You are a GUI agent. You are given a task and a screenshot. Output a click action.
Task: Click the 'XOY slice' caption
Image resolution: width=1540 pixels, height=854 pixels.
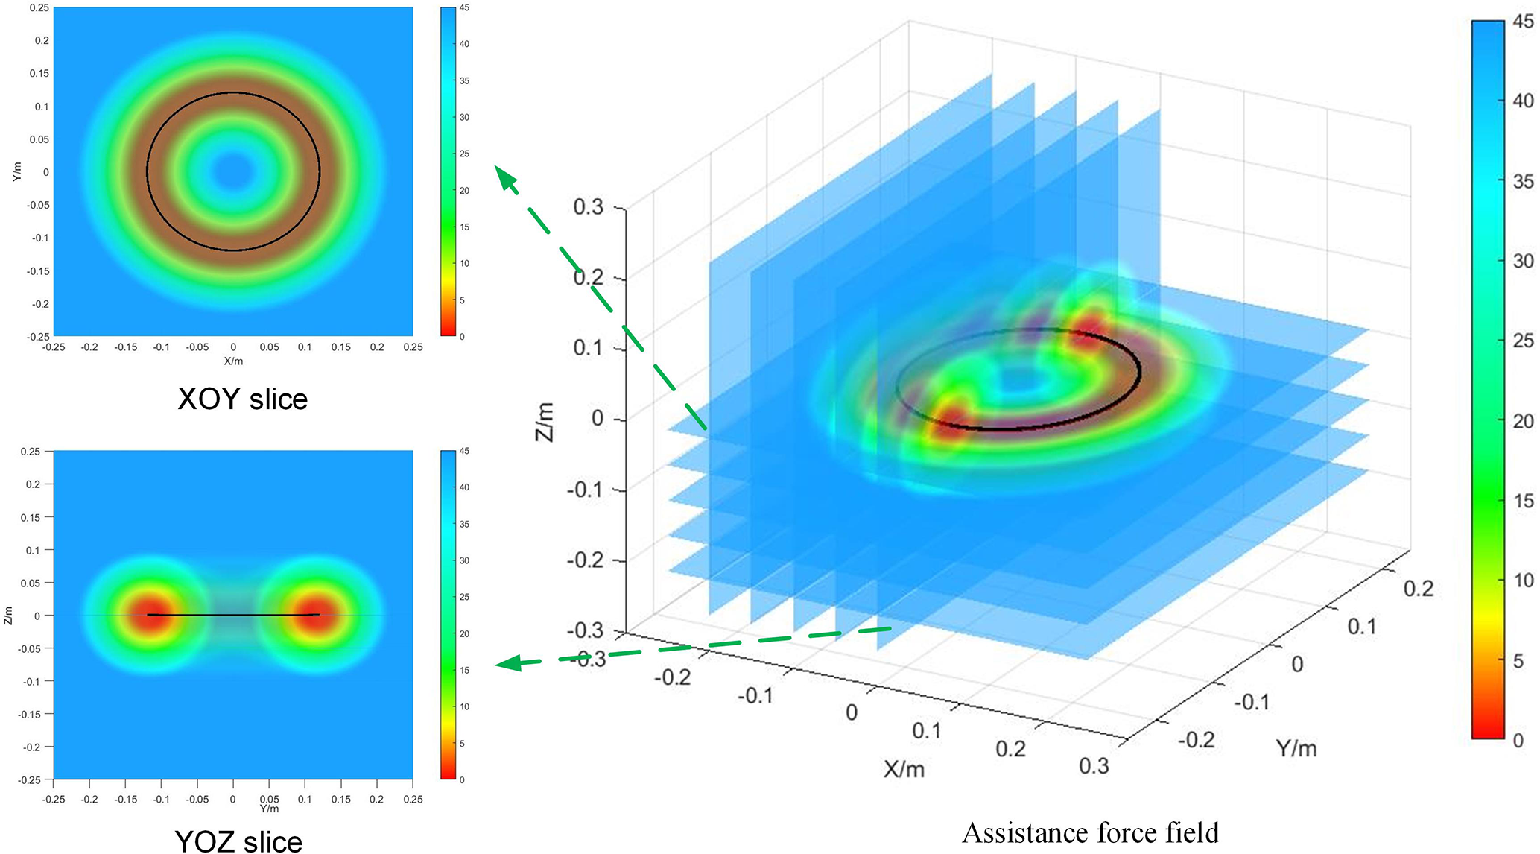pos(242,399)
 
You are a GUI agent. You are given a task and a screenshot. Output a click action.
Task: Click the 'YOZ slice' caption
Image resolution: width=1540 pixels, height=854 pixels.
pos(238,841)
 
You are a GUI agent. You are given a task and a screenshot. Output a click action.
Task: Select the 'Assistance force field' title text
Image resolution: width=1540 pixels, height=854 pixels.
pos(1090,832)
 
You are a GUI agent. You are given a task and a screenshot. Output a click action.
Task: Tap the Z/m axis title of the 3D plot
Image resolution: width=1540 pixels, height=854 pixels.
pos(545,422)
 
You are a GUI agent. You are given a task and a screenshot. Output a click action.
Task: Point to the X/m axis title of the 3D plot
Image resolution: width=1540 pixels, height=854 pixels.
pos(904,769)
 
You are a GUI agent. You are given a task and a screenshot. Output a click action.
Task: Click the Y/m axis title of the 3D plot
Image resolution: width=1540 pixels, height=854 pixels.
pos(1296,748)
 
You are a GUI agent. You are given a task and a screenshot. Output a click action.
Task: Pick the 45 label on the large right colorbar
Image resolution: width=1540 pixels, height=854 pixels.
pos(1523,22)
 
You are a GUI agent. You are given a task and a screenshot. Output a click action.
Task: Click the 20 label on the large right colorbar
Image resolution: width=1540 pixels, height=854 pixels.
pos(1523,421)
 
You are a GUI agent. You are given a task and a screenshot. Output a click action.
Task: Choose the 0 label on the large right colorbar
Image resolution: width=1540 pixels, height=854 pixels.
pos(1518,741)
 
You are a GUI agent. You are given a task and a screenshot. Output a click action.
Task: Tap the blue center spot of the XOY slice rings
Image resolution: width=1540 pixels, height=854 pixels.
pos(233,171)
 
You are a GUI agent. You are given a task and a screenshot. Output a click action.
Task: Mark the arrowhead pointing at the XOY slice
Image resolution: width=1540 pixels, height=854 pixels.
pos(506,178)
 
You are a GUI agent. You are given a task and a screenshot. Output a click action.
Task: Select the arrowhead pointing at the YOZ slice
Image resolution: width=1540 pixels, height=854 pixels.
pos(508,662)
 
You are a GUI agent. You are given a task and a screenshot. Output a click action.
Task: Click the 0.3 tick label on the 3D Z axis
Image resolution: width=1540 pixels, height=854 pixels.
pos(588,206)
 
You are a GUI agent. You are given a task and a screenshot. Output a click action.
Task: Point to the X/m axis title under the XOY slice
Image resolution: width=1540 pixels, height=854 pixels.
pos(233,361)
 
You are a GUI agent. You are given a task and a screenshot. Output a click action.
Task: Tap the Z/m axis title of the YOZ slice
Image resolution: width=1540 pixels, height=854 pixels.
pos(8,616)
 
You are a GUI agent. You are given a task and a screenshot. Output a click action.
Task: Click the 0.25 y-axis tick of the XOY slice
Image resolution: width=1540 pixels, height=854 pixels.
pos(39,7)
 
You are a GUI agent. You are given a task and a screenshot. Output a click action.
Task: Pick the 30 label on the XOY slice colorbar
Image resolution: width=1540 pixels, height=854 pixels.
pos(464,117)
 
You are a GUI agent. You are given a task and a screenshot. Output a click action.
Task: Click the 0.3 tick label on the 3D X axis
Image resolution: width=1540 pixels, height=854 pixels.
pos(1094,766)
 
